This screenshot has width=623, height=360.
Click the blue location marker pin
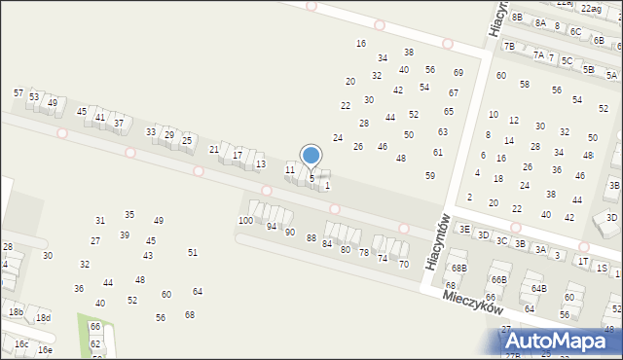click(x=311, y=156)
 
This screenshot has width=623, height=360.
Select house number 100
click(x=245, y=221)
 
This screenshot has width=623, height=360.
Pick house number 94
click(x=272, y=226)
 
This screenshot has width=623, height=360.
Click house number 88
click(x=311, y=237)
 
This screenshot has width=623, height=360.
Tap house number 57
click(x=18, y=92)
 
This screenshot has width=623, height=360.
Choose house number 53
click(x=34, y=96)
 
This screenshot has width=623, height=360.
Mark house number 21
click(x=214, y=149)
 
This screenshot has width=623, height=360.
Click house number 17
click(x=238, y=155)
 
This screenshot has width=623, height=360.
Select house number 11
click(x=289, y=169)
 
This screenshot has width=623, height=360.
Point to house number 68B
click(x=458, y=268)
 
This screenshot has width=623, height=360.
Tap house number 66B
click(x=498, y=279)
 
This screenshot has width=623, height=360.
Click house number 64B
click(x=538, y=288)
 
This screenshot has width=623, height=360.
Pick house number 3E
click(x=464, y=229)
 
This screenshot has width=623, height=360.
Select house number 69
click(x=458, y=72)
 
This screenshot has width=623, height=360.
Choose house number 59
click(x=430, y=175)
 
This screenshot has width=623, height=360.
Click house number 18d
click(x=43, y=317)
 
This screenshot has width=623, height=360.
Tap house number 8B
click(x=517, y=18)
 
